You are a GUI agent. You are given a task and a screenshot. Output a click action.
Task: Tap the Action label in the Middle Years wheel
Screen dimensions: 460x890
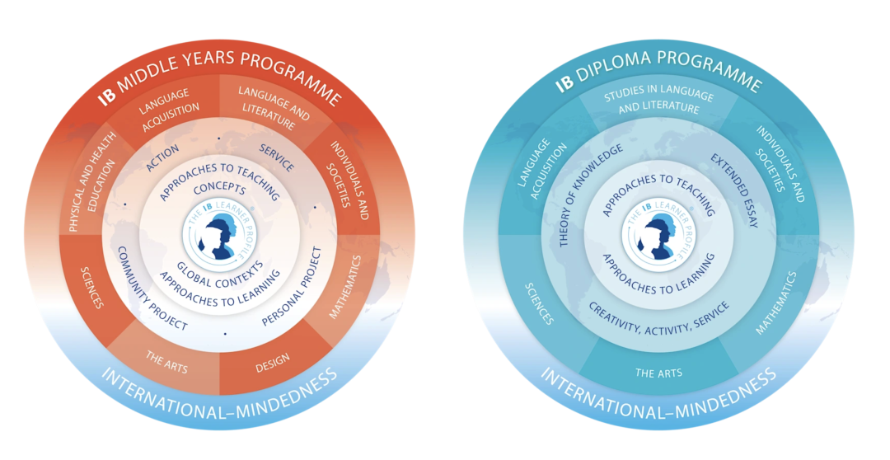(162, 156)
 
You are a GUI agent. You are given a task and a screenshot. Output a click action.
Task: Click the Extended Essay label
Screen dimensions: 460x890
(734, 190)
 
